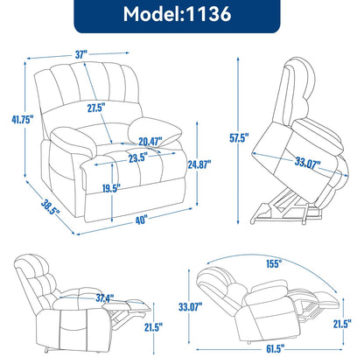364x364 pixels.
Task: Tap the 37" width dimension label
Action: pos(82,54)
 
